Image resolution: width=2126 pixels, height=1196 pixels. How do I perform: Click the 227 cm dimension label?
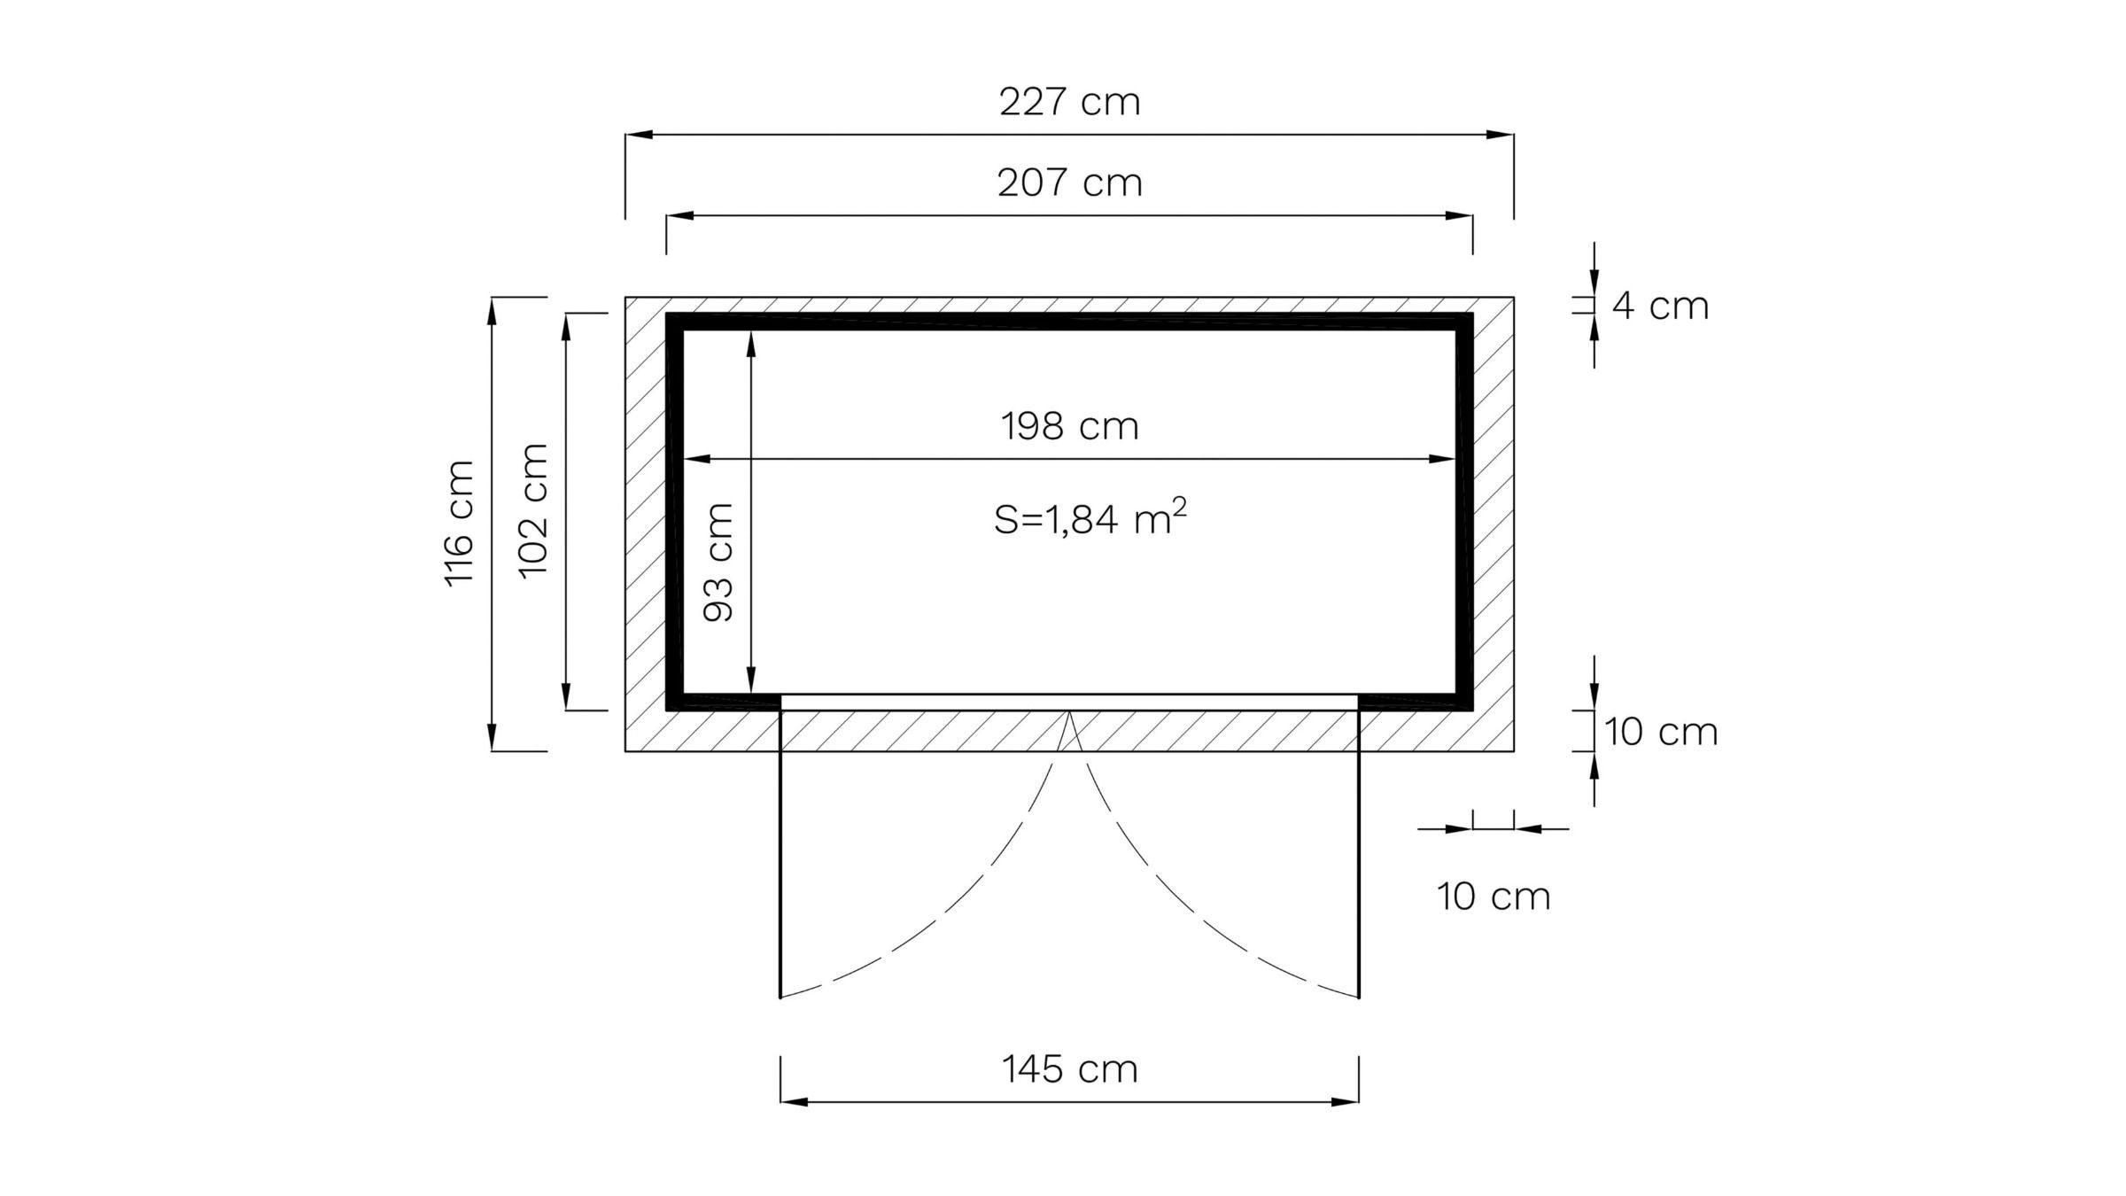click(x=1069, y=102)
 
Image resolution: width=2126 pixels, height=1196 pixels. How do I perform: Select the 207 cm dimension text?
click(x=1069, y=183)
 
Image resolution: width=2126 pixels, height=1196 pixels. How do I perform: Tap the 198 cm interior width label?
click(x=1069, y=426)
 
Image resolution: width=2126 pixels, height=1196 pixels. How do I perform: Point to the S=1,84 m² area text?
click(x=1090, y=517)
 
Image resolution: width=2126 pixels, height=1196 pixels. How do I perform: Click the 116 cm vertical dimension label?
click(x=459, y=523)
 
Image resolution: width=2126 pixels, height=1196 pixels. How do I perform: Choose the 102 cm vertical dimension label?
click(x=533, y=510)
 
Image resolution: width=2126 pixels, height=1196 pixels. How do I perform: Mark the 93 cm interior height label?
click(x=718, y=562)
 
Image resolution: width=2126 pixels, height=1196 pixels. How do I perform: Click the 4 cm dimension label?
click(x=1660, y=306)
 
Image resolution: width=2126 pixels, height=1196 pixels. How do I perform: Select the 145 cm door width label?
click(x=1069, y=1068)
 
